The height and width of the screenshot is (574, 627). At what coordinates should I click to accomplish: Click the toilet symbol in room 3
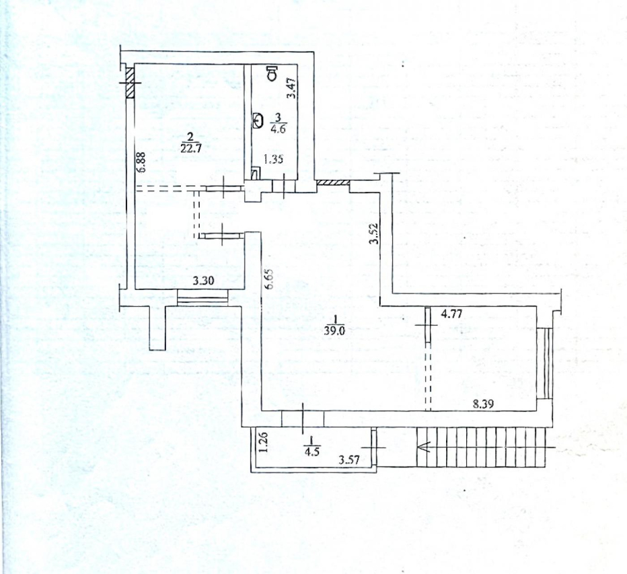click(x=272, y=73)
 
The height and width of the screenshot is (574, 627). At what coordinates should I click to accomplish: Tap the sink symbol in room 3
click(x=258, y=120)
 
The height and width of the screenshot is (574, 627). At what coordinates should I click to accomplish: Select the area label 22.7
click(x=190, y=147)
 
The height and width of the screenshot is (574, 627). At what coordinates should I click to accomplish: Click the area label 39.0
click(x=336, y=331)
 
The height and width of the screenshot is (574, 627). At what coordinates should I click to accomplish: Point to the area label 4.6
click(x=278, y=129)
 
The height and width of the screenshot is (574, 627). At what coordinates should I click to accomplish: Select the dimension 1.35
click(x=273, y=159)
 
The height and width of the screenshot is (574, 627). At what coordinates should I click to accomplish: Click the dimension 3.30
click(x=203, y=281)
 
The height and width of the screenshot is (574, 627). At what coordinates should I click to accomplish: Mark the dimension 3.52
click(x=374, y=234)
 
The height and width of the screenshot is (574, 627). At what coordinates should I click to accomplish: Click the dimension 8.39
click(x=483, y=404)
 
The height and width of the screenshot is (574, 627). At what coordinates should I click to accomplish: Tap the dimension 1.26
click(x=263, y=443)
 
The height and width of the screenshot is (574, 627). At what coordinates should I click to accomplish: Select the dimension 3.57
click(x=349, y=460)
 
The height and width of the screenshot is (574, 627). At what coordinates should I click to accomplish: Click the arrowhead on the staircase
click(x=423, y=447)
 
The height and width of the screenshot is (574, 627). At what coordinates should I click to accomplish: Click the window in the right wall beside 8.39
click(x=545, y=363)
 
